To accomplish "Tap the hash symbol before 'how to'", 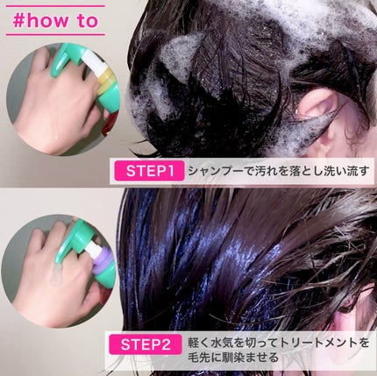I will point(18,20).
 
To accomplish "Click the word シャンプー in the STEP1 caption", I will point(216,170).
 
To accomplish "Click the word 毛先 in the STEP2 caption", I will point(201,357).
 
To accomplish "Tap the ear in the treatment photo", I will point(355,302).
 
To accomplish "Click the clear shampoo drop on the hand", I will point(53,131).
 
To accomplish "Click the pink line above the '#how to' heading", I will point(56,5).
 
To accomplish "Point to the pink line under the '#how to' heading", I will point(56,36).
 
